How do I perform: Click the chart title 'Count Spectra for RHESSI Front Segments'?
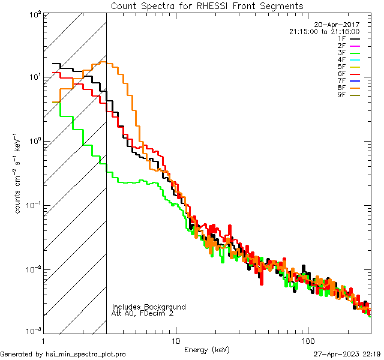tap(207, 5)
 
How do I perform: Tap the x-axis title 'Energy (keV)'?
tap(207, 350)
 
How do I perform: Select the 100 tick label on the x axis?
tap(308, 341)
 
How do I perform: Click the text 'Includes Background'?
tap(148, 307)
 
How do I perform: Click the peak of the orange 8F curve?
tap(104, 62)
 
